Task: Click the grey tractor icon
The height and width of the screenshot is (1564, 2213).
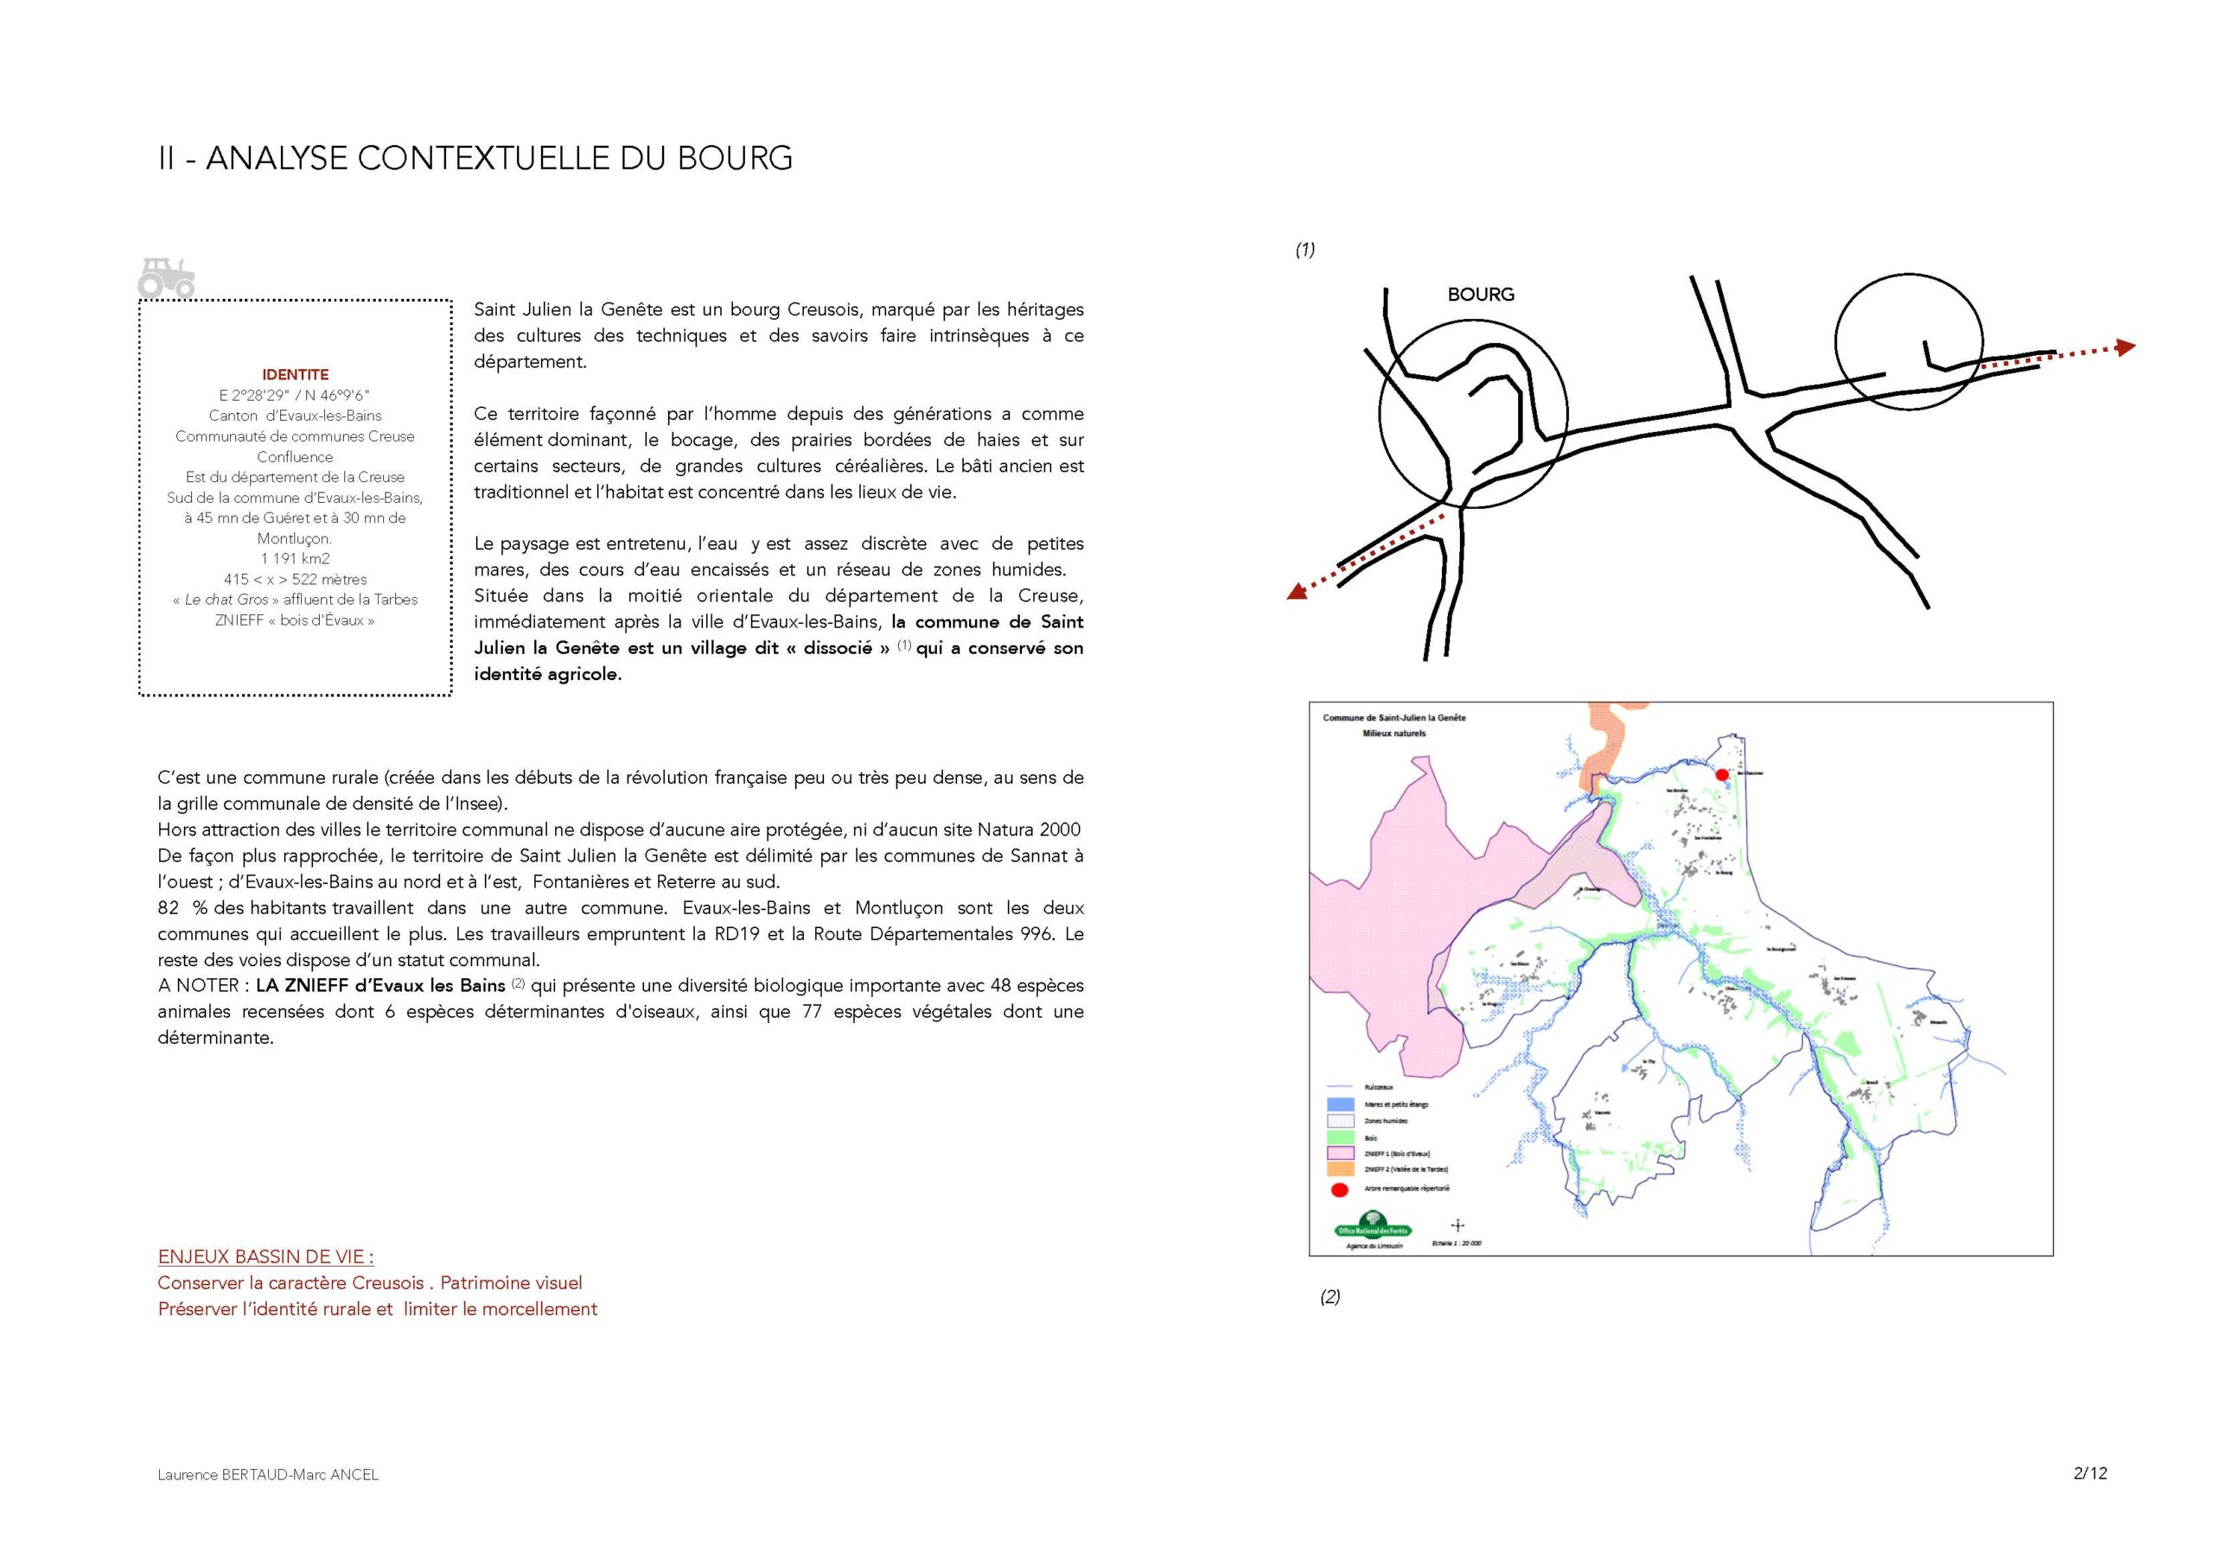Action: point(166,277)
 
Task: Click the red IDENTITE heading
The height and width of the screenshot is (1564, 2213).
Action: point(295,374)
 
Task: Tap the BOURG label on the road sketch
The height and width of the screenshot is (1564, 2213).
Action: point(1481,294)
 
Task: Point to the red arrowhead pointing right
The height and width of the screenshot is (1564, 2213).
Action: point(2126,346)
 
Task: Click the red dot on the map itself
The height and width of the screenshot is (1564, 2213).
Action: point(1722,774)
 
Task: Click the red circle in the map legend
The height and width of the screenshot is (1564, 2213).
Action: point(1340,1189)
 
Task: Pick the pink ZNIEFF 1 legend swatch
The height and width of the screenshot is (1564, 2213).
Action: point(1341,1154)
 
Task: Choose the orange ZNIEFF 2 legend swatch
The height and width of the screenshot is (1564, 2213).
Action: point(1341,1169)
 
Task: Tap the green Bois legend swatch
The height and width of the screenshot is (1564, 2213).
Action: point(1341,1137)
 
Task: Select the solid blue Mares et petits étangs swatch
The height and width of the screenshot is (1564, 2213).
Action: point(1341,1104)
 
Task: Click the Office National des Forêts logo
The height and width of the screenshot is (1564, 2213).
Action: point(1374,1227)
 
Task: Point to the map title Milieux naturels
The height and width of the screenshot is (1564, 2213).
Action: point(1393,734)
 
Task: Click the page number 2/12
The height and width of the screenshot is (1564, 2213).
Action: point(2089,1472)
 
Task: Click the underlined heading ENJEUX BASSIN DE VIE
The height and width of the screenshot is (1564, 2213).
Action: point(265,1256)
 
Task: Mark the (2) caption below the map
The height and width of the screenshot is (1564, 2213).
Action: point(1330,1296)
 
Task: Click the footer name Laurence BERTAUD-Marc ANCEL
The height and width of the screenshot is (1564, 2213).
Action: point(268,1474)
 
